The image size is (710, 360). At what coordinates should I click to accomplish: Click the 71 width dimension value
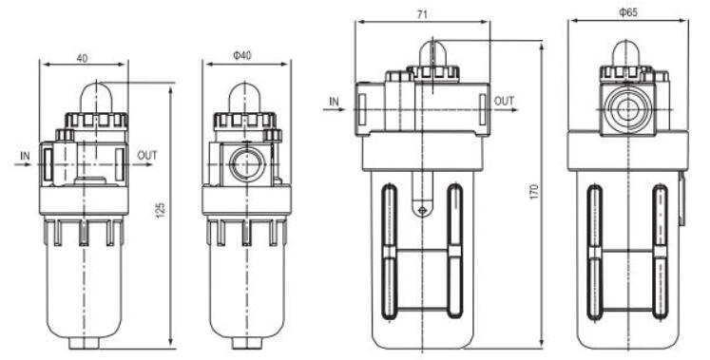pyautogui.click(x=422, y=14)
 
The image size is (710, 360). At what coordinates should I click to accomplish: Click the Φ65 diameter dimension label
pyautogui.click(x=628, y=12)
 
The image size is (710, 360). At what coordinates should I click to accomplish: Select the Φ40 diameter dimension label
pyautogui.click(x=242, y=56)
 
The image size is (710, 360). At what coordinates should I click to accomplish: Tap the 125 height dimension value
pyautogui.click(x=161, y=210)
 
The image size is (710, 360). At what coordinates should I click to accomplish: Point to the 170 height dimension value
pyautogui.click(x=535, y=192)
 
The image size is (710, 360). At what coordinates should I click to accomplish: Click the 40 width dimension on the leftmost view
pyautogui.click(x=82, y=58)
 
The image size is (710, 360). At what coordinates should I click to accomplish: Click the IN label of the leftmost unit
pyautogui.click(x=25, y=156)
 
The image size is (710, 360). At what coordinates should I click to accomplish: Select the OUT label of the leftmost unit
pyautogui.click(x=147, y=156)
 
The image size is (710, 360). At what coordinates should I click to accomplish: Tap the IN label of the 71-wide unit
pyautogui.click(x=334, y=102)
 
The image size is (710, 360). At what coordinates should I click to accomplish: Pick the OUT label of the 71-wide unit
pyautogui.click(x=504, y=101)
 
